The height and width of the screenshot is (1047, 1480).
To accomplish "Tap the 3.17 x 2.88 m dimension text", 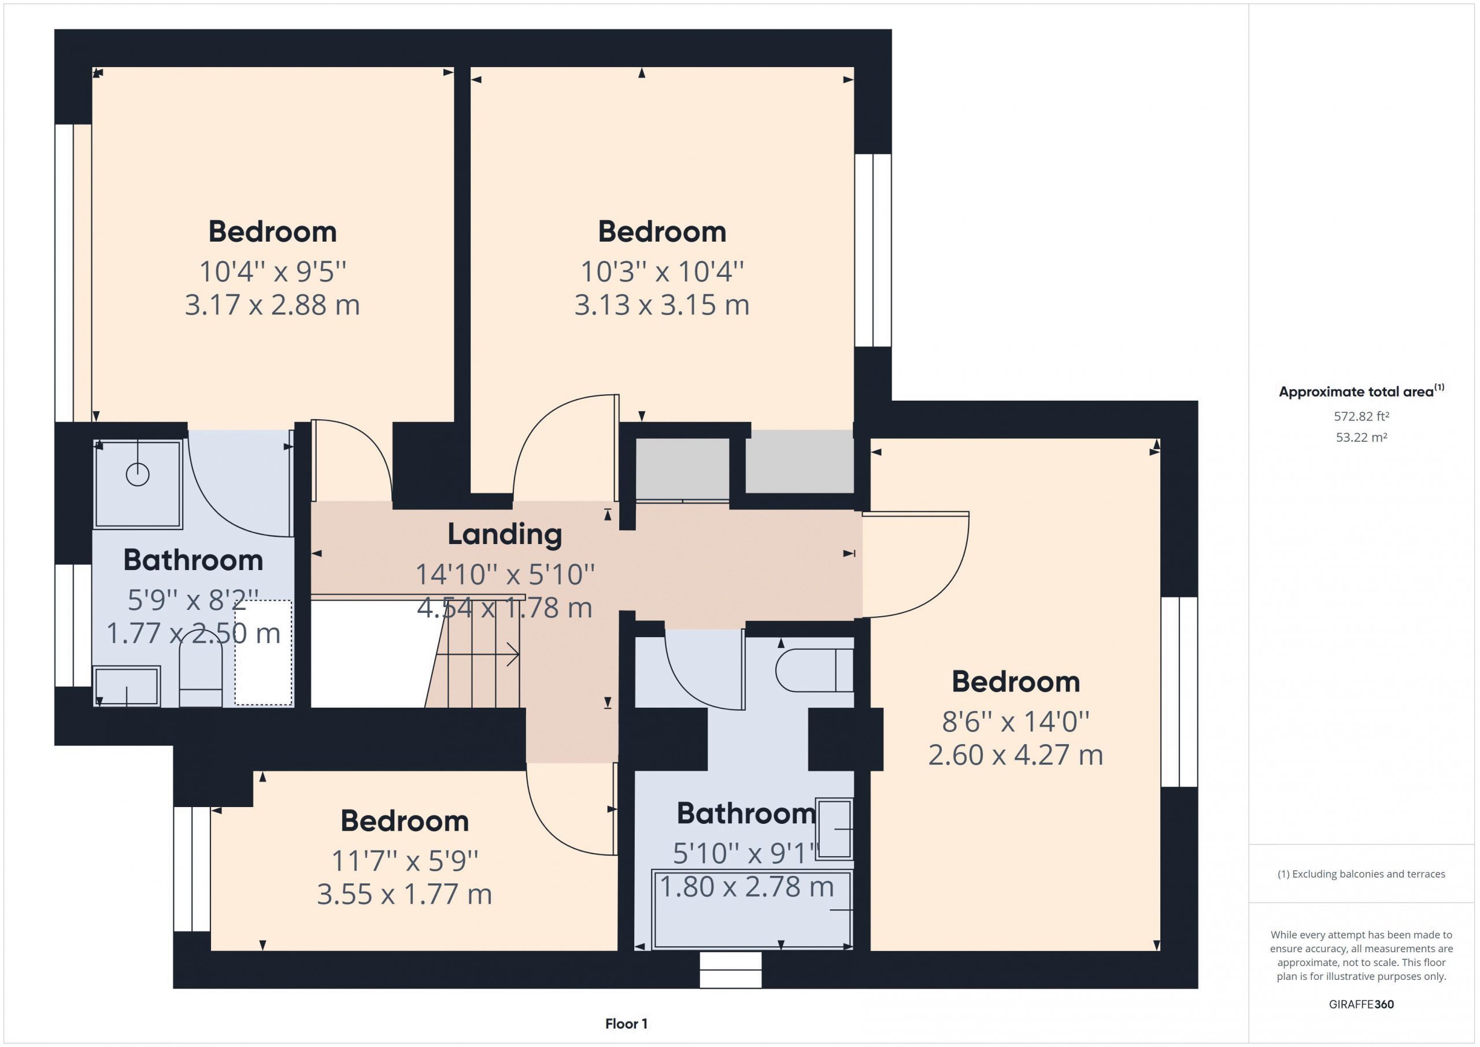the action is coord(273,305).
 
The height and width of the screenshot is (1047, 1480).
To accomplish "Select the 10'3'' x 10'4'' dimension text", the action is coord(662,271).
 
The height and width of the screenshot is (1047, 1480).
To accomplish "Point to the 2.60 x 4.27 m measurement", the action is coord(1015,755).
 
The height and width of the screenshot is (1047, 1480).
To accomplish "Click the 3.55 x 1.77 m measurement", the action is coord(404,894).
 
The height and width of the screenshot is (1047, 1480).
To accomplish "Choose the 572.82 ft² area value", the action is coord(1361,416).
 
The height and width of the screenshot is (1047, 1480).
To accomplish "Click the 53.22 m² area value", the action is coord(1361,437).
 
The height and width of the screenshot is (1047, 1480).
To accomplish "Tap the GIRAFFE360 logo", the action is coord(1361,1004).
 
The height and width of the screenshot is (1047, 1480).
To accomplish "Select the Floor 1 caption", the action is coord(626,1023).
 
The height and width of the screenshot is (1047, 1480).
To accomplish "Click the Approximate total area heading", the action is coord(1361,391).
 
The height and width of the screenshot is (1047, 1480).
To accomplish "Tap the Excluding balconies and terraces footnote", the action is coord(1361,874).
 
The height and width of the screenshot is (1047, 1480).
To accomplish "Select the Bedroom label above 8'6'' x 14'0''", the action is coord(1016,682).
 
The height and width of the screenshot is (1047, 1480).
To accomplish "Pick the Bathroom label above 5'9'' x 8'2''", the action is coord(193,560).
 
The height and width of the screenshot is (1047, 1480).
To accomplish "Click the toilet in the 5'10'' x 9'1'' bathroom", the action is coord(814,670).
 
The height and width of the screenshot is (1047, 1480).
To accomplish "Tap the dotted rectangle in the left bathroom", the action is coord(263,653).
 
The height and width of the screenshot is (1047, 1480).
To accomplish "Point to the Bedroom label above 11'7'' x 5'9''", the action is coord(405,821).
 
